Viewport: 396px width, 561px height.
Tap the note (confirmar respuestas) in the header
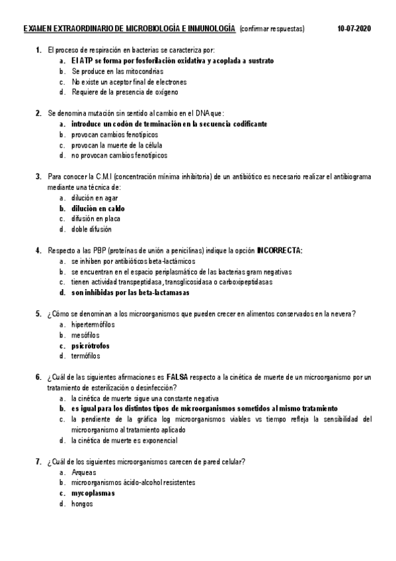(272, 29)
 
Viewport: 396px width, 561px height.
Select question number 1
(38, 50)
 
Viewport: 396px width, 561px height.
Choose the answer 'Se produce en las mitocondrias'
(117, 71)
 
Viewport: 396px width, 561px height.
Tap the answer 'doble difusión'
(91, 230)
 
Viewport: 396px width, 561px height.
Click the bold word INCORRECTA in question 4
(280, 251)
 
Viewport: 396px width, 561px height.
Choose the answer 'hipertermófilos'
(93, 324)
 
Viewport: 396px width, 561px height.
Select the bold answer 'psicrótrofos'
(91, 345)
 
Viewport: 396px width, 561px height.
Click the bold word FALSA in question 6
(178, 377)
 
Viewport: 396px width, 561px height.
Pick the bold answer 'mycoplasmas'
(93, 493)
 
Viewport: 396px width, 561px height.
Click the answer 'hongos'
(82, 503)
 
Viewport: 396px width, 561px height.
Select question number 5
(38, 314)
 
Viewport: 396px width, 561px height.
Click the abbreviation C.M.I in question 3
(105, 177)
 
